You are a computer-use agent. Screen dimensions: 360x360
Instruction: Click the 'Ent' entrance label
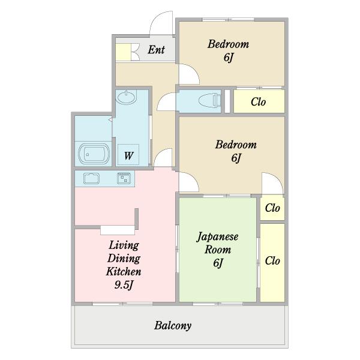pos(156,50)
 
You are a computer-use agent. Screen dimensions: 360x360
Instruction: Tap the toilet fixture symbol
pos(209,101)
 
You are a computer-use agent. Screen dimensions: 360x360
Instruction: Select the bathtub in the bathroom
pos(94,154)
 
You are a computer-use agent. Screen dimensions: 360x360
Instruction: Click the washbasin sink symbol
pos(126,97)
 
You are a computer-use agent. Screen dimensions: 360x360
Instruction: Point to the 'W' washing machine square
pos(128,154)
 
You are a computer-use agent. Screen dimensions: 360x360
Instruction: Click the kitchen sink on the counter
pos(91,178)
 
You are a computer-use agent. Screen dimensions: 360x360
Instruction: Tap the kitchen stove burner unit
pos(124,178)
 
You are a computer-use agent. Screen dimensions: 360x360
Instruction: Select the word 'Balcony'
pos(173,326)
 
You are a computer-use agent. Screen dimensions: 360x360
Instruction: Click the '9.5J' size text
pos(124,285)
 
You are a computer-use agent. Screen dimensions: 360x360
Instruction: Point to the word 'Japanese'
pos(217,237)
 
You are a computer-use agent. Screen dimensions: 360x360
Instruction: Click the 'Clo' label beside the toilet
pos(258,102)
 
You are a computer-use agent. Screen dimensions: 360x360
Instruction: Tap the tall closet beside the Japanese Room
pos(272,263)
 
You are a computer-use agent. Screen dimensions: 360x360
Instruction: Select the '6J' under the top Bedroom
pos(229,57)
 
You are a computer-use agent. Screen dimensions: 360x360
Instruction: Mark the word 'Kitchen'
pos(124,272)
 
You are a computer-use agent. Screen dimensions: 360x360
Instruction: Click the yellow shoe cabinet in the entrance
pos(123,52)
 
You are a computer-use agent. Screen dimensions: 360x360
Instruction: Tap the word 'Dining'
pos(124,259)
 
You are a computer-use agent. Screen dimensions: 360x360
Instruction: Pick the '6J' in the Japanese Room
pos(218,263)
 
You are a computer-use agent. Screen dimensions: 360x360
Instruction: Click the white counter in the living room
pos(118,230)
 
